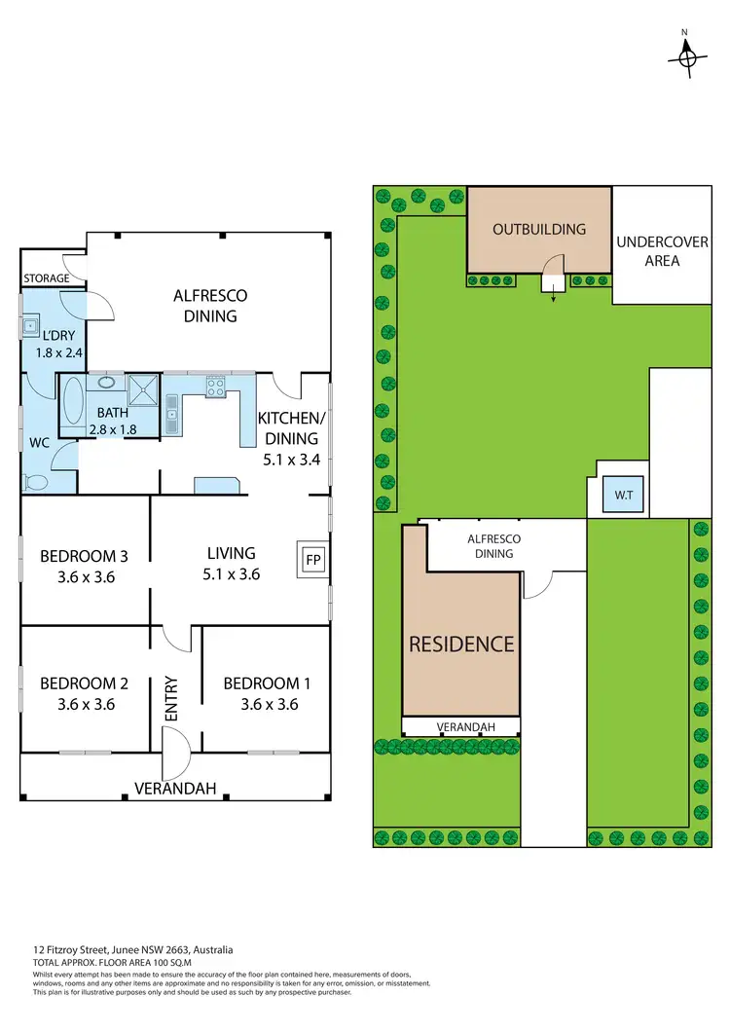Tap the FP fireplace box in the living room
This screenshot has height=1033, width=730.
[312, 560]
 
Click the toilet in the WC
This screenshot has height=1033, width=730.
[37, 480]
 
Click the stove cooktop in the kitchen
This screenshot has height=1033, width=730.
[215, 387]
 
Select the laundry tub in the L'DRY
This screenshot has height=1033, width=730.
[31, 326]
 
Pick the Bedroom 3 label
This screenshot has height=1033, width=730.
[84, 557]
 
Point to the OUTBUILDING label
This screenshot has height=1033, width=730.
[539, 230]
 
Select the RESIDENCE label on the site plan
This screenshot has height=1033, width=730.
[461, 644]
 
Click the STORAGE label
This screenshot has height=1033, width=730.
[47, 278]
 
